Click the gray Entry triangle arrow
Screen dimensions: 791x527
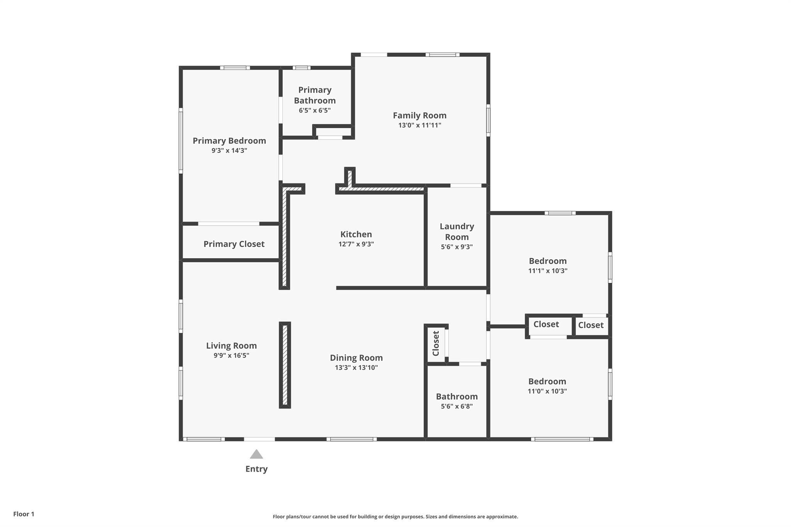256,454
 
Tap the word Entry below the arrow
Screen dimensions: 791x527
256,469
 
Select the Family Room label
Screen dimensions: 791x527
420,115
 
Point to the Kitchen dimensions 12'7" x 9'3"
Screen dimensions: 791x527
356,244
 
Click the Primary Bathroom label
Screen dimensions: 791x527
315,95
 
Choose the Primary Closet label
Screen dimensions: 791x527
234,244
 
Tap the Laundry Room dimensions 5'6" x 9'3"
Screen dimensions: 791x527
457,247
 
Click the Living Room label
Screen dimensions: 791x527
231,346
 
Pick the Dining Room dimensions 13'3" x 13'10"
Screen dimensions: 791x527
356,368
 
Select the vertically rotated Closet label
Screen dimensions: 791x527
436,343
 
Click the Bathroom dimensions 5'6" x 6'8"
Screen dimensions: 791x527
457,406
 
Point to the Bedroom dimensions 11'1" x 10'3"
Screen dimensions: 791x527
548,271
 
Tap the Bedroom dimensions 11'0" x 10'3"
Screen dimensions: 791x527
547,391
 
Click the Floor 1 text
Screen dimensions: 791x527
24,514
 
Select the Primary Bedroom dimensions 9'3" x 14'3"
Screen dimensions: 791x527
229,151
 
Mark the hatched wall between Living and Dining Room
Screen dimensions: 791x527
285,365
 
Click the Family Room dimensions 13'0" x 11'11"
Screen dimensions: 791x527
420,125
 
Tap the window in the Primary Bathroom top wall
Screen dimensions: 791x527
301,68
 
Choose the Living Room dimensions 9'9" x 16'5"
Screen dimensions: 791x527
231,356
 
